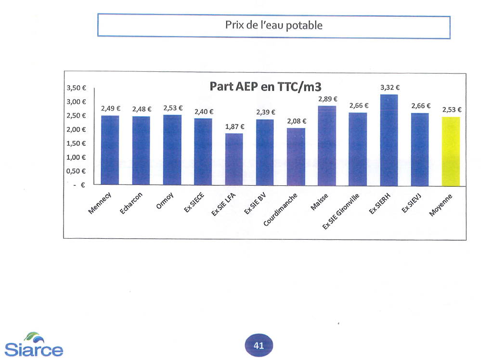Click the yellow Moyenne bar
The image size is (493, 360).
[451, 151]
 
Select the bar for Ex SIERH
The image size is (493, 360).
[389, 140]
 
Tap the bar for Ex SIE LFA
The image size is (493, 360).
[234, 159]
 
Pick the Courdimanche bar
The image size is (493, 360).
[296, 156]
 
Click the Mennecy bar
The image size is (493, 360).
[110, 150]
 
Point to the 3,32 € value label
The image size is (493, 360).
[390, 88]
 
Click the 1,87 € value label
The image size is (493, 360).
[235, 127]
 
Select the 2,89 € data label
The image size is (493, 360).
[328, 99]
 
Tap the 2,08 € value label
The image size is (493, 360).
[297, 121]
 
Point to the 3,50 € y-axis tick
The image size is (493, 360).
[76, 88]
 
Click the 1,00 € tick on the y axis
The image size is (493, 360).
[76, 157]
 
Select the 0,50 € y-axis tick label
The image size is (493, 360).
[76, 171]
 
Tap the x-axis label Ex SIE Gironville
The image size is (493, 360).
[341, 211]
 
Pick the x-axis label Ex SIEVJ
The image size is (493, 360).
[414, 202]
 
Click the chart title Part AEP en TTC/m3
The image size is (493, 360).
[265, 87]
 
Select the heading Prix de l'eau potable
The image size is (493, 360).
[273, 26]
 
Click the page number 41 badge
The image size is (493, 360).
[259, 345]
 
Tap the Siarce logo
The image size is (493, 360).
[34, 345]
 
